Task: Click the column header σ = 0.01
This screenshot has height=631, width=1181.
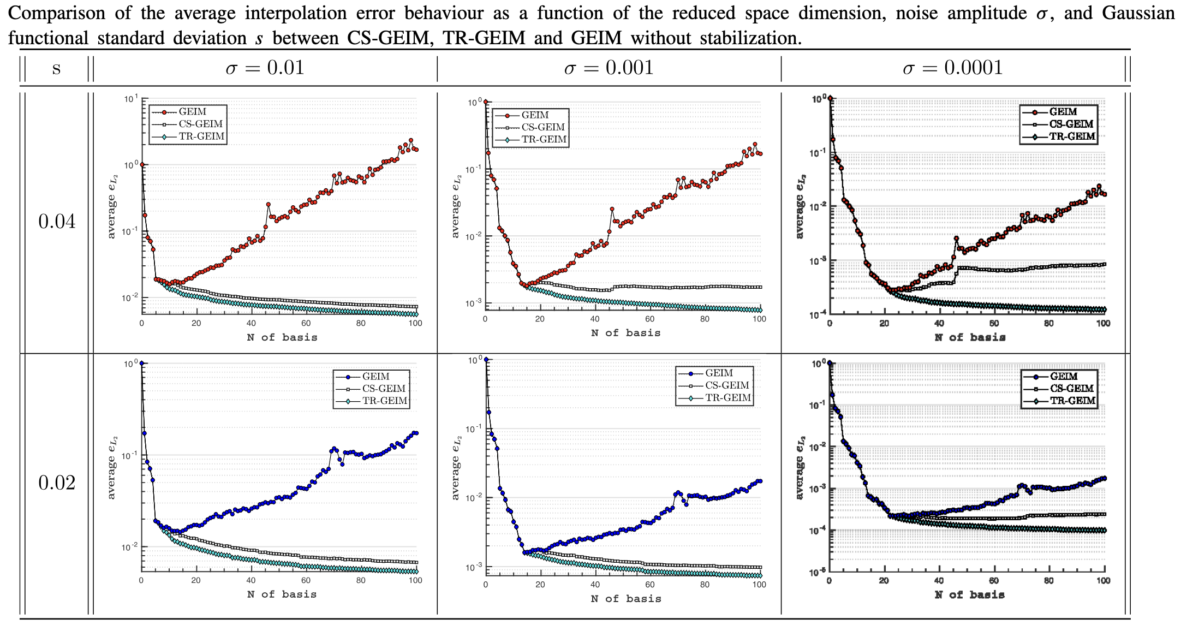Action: [x=265, y=68]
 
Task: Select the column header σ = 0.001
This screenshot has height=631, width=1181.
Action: [x=609, y=68]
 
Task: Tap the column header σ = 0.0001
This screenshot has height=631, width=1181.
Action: [x=952, y=68]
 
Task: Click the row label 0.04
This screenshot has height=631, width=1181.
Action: [x=57, y=222]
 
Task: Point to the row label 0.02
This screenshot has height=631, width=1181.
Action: [x=57, y=483]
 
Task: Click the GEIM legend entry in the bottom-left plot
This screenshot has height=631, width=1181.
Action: [x=375, y=377]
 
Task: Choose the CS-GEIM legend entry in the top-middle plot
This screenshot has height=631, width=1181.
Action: [x=542, y=127]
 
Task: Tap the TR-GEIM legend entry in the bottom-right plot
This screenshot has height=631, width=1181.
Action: [x=1072, y=401]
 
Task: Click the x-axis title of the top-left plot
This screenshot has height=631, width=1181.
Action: [x=282, y=337]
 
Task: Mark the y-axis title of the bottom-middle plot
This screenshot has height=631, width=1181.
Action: [x=456, y=468]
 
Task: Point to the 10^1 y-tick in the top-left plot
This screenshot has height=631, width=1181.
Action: [x=130, y=99]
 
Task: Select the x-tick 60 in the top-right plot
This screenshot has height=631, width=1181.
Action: [x=994, y=324]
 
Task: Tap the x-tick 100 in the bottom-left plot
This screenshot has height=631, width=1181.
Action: [x=415, y=581]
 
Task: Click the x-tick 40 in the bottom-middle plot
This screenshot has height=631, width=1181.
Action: [x=595, y=585]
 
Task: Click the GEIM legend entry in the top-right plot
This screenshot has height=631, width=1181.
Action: [x=1063, y=112]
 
